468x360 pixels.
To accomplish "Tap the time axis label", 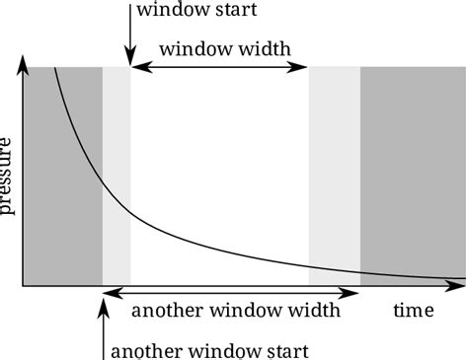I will click(x=413, y=311).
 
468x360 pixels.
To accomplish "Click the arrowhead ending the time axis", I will click(x=460, y=287).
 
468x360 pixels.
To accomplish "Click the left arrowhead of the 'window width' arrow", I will click(x=138, y=67).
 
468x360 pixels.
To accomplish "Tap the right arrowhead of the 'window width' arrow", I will click(x=303, y=67).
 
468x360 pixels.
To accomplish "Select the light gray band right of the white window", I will click(x=335, y=168).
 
